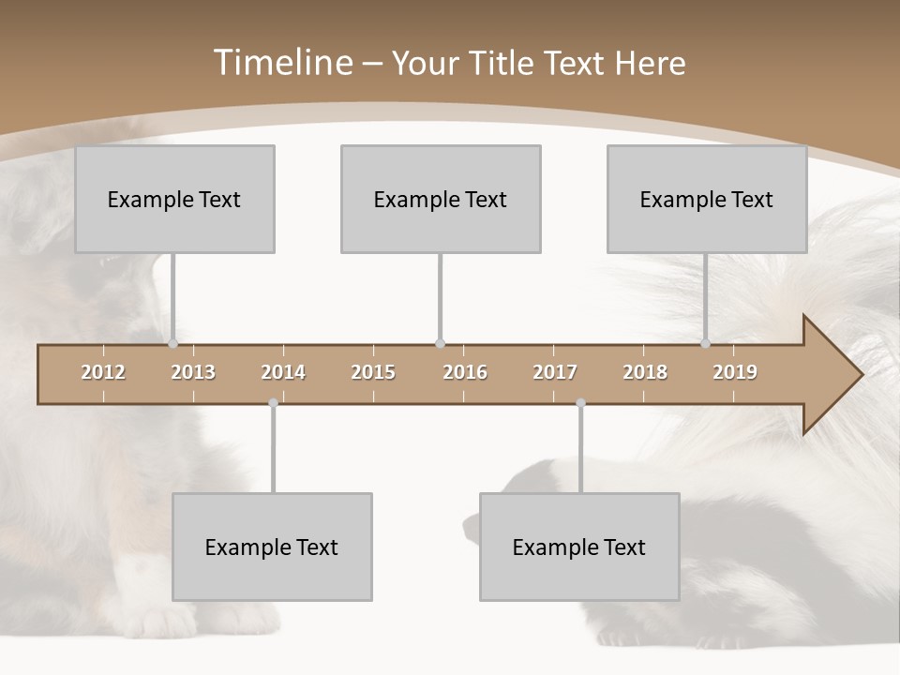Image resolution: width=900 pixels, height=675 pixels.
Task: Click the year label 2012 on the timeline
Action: pyautogui.click(x=103, y=372)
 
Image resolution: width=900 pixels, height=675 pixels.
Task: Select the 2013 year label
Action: pyautogui.click(x=193, y=372)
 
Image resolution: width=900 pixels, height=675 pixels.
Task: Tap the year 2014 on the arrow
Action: pyautogui.click(x=283, y=372)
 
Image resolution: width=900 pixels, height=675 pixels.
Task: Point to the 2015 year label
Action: pyautogui.click(x=373, y=372)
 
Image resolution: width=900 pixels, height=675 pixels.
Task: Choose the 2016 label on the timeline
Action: pyautogui.click(x=465, y=372)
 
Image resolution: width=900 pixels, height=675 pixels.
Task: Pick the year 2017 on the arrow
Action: pyautogui.click(x=555, y=372)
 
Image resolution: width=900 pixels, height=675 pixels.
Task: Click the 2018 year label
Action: pyautogui.click(x=645, y=372)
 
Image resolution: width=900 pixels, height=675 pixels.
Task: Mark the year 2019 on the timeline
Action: pyautogui.click(x=735, y=372)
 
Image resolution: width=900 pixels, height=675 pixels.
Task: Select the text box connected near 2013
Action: pyautogui.click(x=174, y=199)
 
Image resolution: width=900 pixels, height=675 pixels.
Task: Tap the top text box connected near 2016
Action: pyautogui.click(x=441, y=199)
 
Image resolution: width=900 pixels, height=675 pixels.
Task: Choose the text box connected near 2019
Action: pyautogui.click(x=707, y=199)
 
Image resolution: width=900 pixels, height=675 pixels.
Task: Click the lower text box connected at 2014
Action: pyautogui.click(x=272, y=547)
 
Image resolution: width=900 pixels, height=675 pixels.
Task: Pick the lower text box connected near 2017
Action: pyautogui.click(x=579, y=547)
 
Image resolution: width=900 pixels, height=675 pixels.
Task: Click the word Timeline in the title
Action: pyautogui.click(x=281, y=63)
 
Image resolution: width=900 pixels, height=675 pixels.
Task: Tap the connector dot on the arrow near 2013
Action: pyautogui.click(x=172, y=344)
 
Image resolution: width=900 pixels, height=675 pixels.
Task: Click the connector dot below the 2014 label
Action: pyautogui.click(x=273, y=403)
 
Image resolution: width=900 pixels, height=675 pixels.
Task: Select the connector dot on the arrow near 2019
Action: pyautogui.click(x=705, y=344)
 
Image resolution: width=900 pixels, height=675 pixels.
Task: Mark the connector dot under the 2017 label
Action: pyautogui.click(x=580, y=403)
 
